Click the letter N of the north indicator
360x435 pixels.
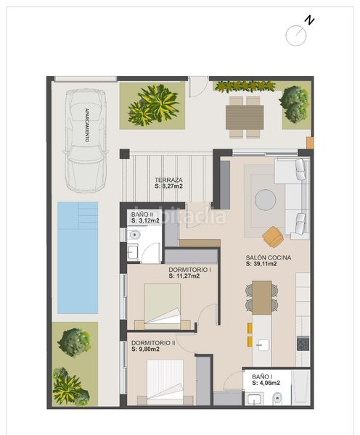coord(309,20)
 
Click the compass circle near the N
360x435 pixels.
coord(296,36)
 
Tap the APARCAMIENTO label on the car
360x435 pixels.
coord(87,125)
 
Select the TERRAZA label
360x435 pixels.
coord(168,180)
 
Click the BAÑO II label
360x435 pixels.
coord(142,215)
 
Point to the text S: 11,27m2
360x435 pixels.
coord(184,276)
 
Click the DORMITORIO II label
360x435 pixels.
coord(153,343)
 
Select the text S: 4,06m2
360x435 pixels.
coord(266,383)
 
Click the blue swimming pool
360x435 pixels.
coord(78,257)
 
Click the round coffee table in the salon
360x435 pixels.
coord(266,200)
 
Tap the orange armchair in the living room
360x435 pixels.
coord(273,236)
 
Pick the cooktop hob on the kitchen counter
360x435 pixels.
coord(303,344)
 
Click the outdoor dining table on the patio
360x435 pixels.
coord(245,117)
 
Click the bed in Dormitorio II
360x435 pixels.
coord(165,382)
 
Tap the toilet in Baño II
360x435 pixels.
coord(134,235)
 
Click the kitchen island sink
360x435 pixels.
coord(263,345)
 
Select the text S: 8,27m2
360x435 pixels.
coord(168,186)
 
